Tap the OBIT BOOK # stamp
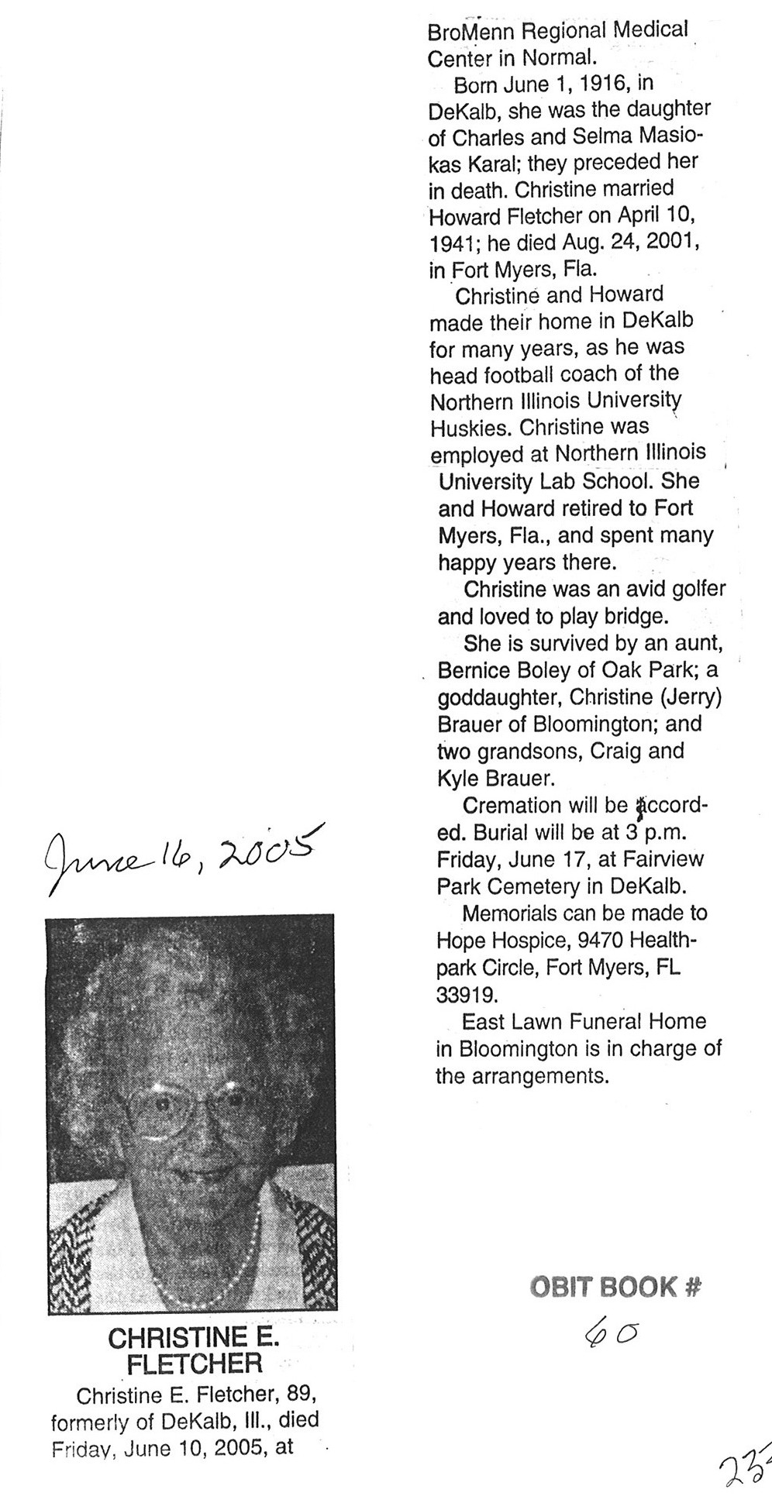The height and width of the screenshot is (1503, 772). pyautogui.click(x=615, y=1287)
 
